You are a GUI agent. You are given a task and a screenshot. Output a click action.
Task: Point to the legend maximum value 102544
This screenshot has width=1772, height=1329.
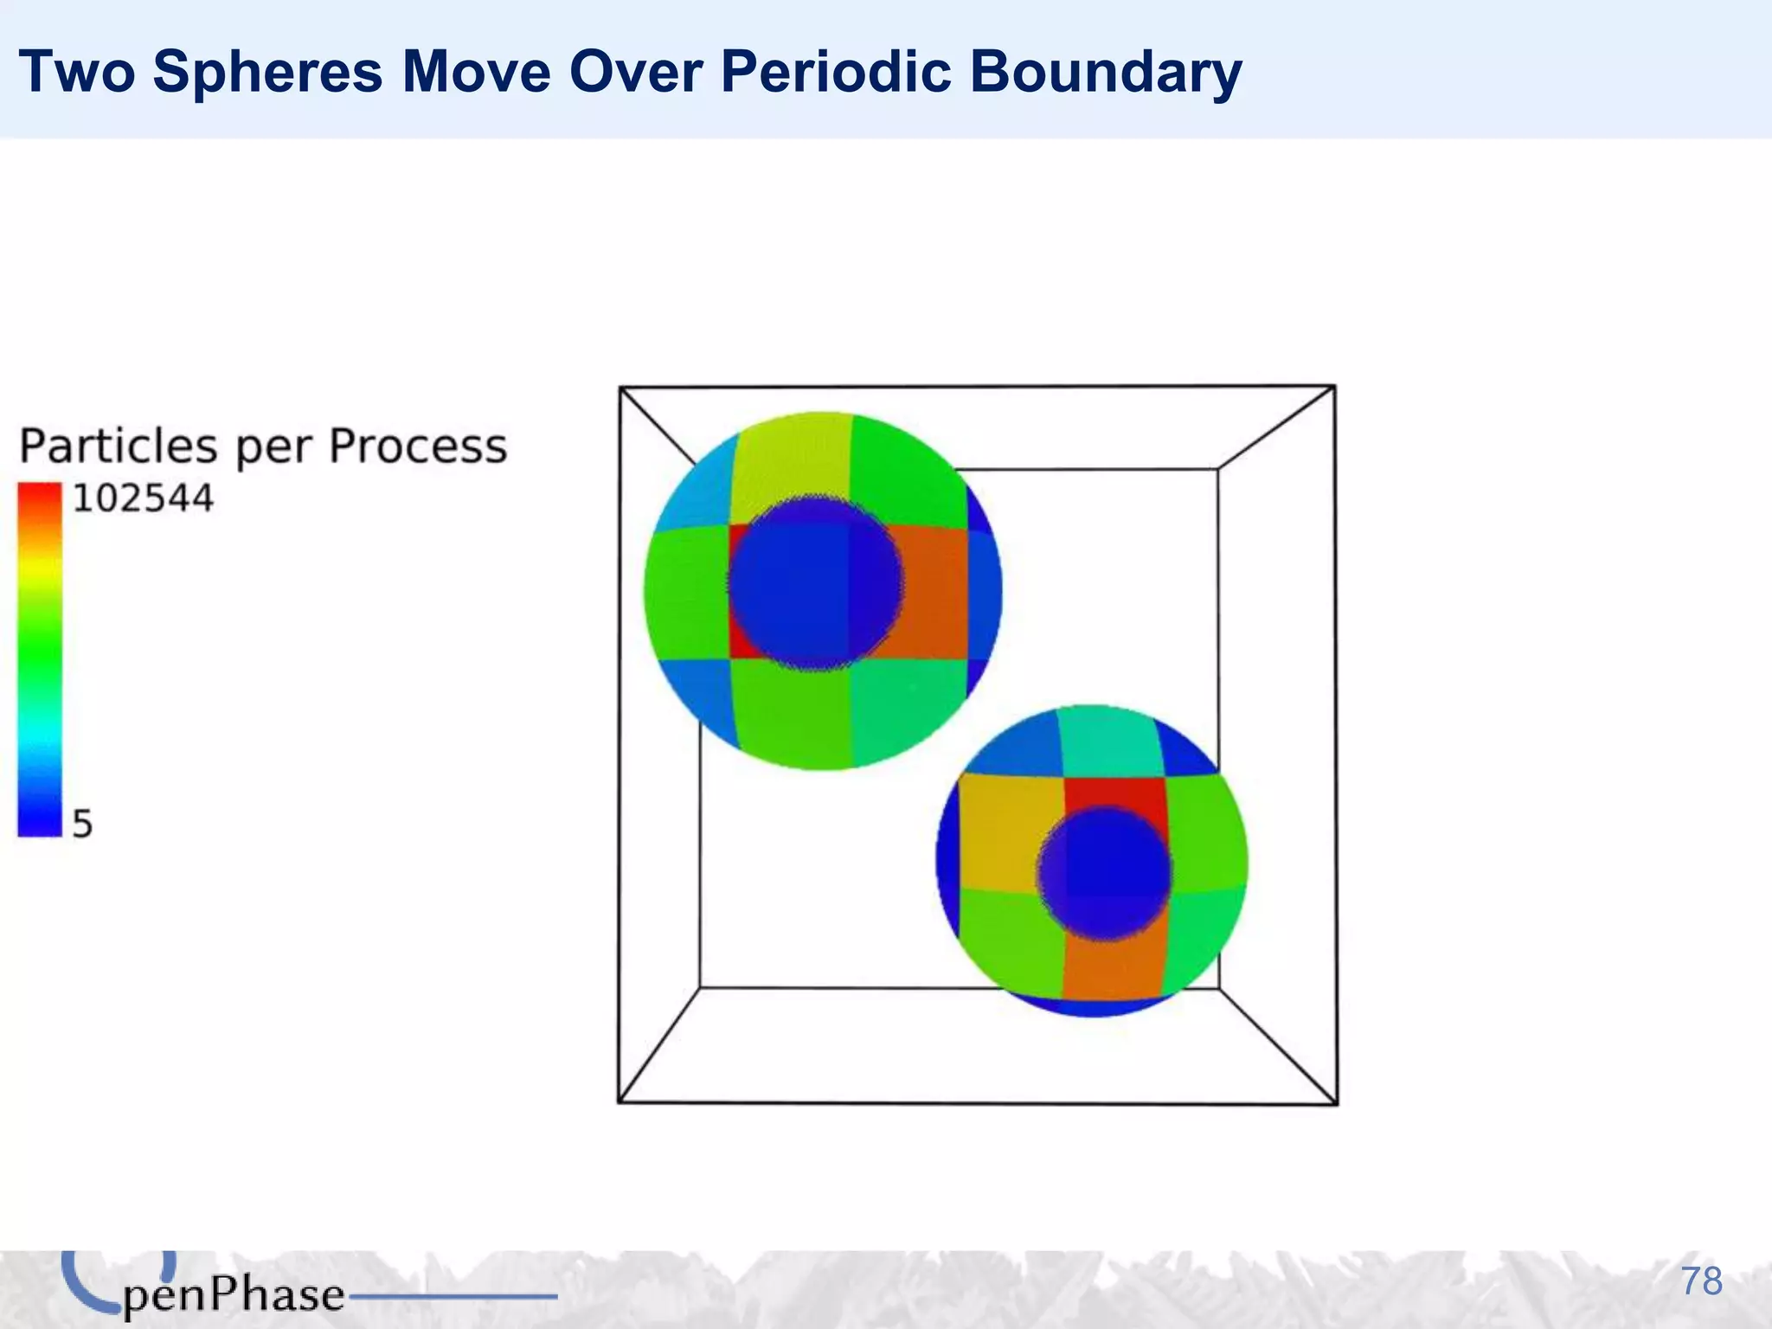[143, 499]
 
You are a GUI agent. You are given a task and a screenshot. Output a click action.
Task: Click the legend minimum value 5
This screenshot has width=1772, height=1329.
[82, 824]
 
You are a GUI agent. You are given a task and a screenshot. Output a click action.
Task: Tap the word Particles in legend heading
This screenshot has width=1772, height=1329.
[119, 446]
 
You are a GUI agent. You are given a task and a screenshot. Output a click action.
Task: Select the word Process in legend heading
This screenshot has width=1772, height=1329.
[418, 446]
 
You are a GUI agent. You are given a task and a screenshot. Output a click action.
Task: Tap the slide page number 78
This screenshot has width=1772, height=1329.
[1701, 1281]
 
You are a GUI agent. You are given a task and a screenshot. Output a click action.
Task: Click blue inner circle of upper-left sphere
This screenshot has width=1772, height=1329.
[813, 584]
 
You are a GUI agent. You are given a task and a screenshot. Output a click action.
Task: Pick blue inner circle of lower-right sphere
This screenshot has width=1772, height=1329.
[1105, 874]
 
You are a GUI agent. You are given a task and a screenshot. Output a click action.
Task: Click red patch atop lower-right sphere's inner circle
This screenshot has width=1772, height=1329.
[1116, 792]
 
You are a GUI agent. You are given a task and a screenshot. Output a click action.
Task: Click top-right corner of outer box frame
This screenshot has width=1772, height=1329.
[1334, 387]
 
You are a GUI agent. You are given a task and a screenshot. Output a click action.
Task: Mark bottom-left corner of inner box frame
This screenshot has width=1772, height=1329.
[700, 986]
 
